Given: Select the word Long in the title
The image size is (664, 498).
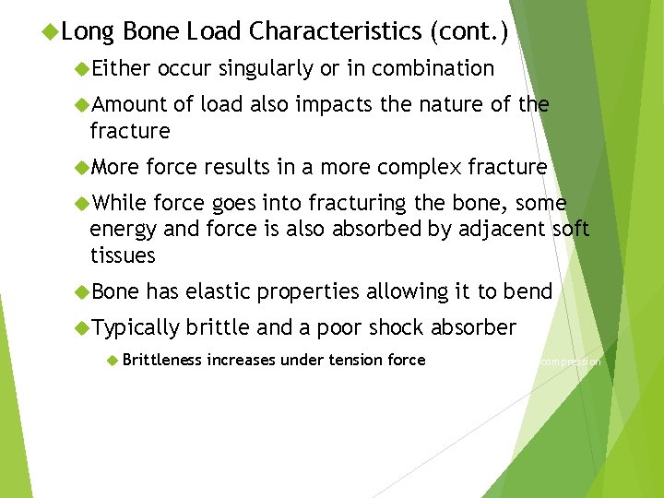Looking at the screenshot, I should point(88,31).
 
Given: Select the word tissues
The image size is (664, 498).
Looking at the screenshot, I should point(123,255).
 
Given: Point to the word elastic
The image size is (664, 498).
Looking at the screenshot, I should point(218,291).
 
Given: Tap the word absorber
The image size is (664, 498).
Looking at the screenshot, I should point(474,327).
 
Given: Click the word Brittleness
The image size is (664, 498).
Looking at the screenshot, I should point(161,360).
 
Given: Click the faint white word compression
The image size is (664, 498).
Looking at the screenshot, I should point(570,362).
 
